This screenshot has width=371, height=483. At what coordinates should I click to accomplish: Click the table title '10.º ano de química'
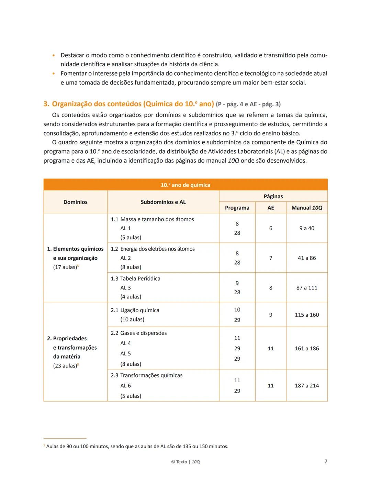pyautogui.click(x=185, y=185)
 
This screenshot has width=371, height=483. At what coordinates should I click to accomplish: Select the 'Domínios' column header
pyautogui.click(x=75, y=202)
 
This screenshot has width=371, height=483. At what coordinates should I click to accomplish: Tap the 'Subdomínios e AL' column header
pyautogui.click(x=163, y=202)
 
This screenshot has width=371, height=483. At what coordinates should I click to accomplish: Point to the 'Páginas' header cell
pyautogui.click(x=273, y=196)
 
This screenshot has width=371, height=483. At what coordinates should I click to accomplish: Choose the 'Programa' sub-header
pyautogui.click(x=237, y=208)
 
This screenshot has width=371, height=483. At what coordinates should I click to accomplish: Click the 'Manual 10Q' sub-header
pyautogui.click(x=307, y=208)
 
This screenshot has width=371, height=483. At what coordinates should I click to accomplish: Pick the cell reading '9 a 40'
pyautogui.click(x=307, y=228)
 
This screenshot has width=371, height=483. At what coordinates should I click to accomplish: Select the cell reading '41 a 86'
pyautogui.click(x=307, y=258)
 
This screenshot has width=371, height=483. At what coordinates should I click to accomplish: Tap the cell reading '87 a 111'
pyautogui.click(x=307, y=288)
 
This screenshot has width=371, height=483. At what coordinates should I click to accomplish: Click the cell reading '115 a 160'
pyautogui.click(x=307, y=315)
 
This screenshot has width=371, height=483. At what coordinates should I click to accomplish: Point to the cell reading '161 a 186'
pyautogui.click(x=307, y=348)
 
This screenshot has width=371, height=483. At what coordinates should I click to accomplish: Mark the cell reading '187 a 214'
pyautogui.click(x=307, y=386)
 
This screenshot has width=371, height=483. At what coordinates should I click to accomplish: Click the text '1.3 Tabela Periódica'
pyautogui.click(x=135, y=278)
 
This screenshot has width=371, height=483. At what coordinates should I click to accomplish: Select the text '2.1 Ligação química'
pyautogui.click(x=135, y=310)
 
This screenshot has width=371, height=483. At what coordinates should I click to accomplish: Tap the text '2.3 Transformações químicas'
pyautogui.click(x=147, y=375)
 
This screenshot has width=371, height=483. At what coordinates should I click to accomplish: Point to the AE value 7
pyautogui.click(x=271, y=258)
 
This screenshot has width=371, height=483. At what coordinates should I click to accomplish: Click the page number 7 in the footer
pyautogui.click(x=326, y=461)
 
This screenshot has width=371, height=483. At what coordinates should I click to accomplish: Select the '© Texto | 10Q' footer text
pyautogui.click(x=185, y=462)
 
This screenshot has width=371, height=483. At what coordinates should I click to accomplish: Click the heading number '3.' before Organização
pyautogui.click(x=46, y=104)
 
